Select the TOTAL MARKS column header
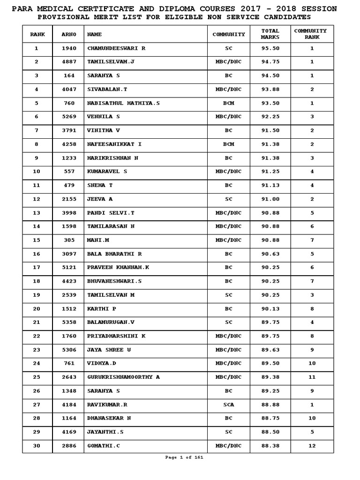click(270, 34)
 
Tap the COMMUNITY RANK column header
click(312, 34)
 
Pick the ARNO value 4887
click(69, 62)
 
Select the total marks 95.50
click(270, 48)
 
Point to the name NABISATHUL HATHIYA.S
click(123, 103)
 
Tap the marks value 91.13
click(270, 185)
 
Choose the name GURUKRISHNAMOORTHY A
click(123, 377)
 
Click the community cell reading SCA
click(228, 405)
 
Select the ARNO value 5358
click(69, 322)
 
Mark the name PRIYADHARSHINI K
click(116, 336)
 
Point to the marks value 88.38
click(270, 446)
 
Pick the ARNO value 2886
click(69, 446)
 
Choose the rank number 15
click(37, 240)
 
